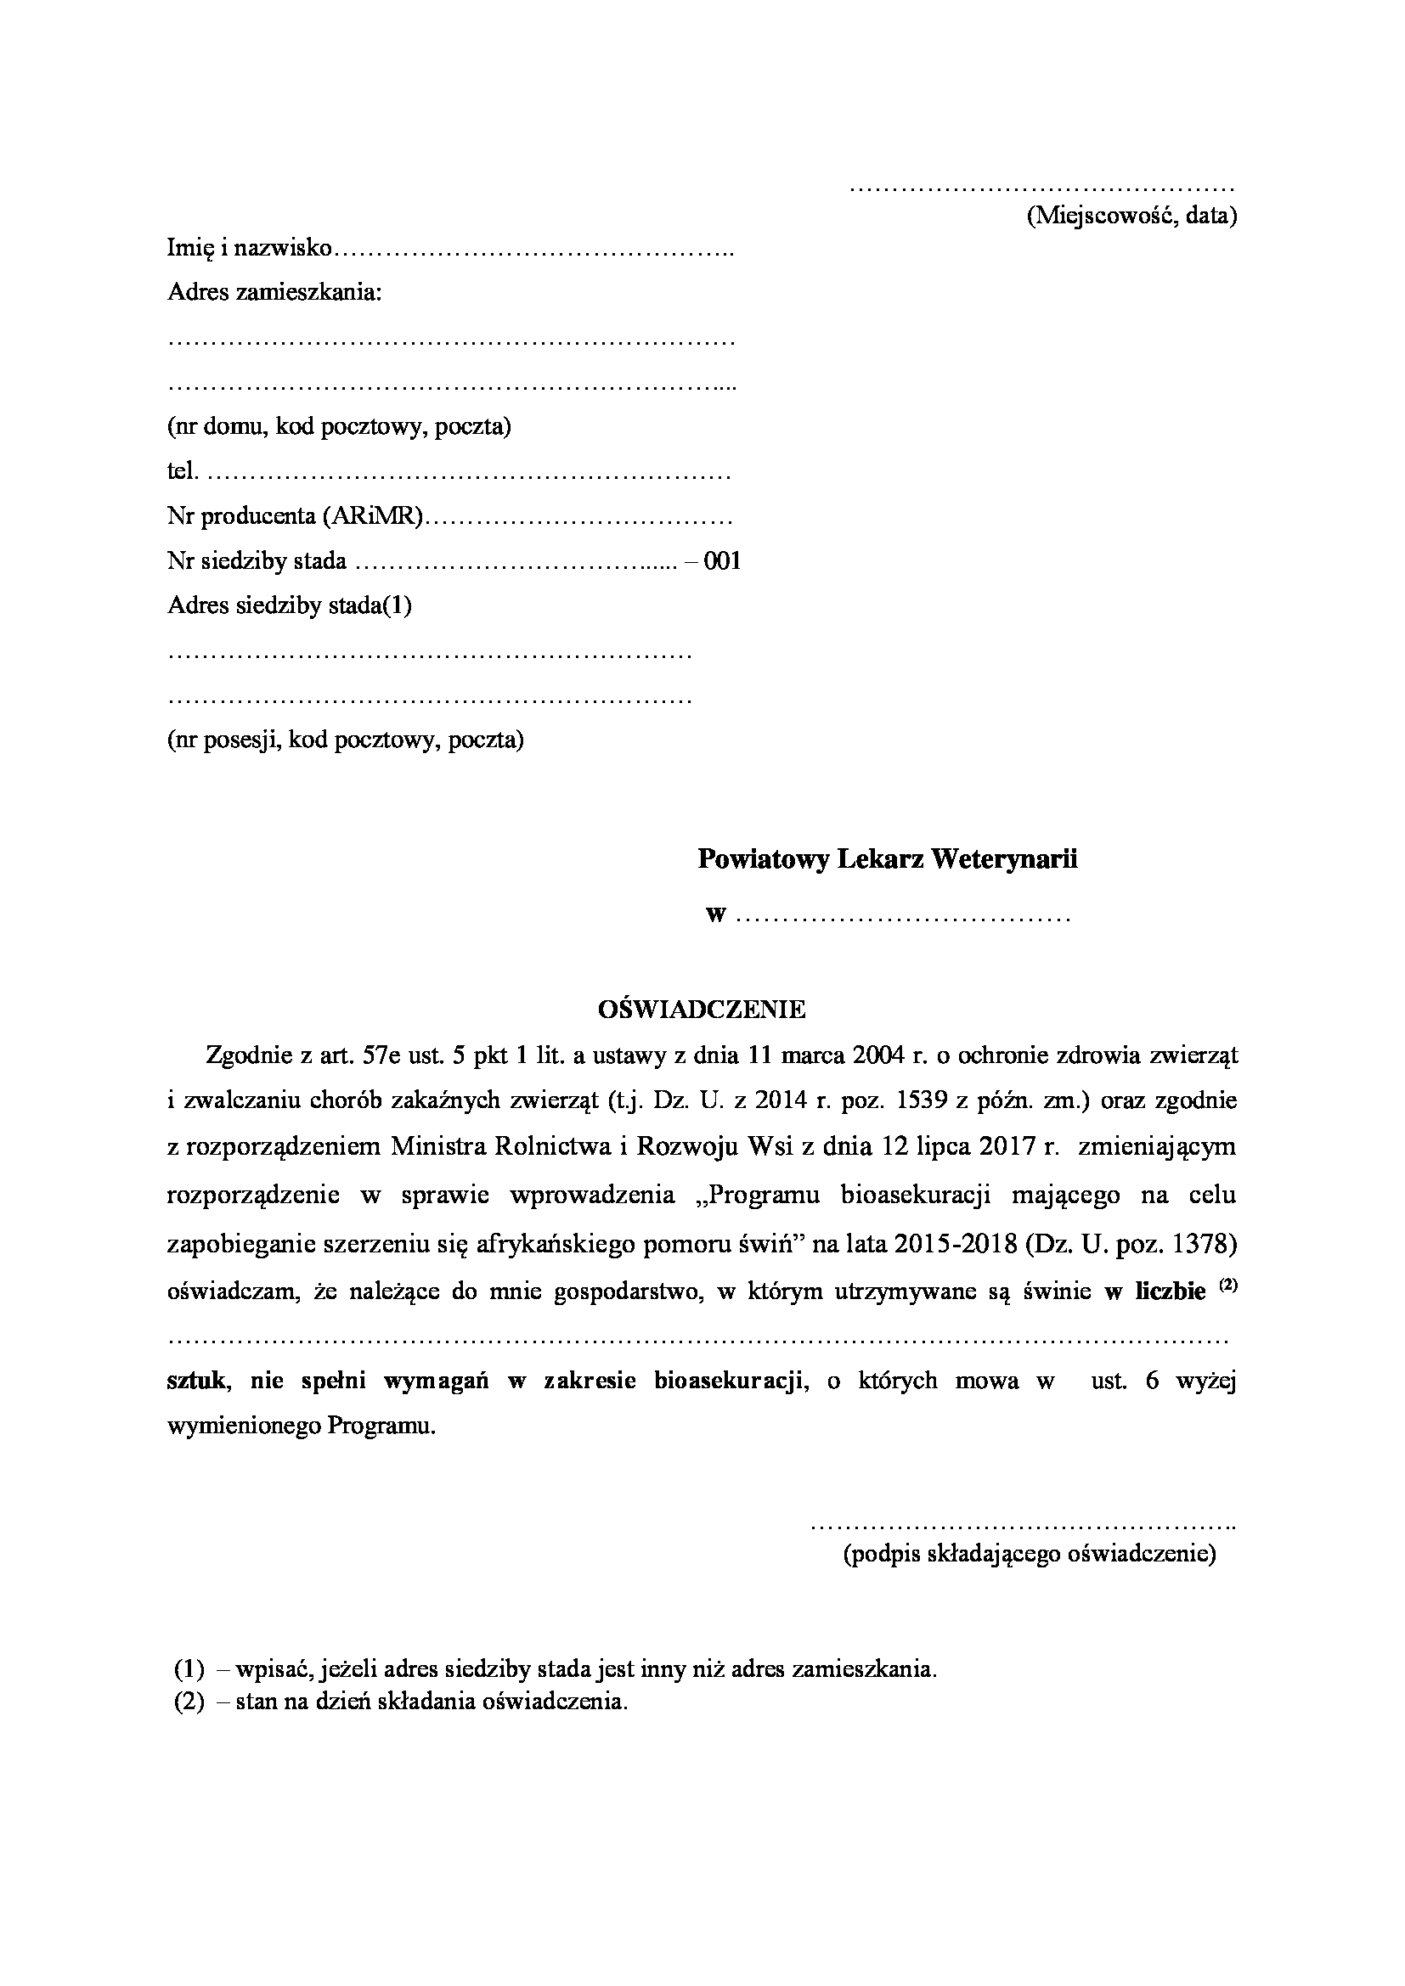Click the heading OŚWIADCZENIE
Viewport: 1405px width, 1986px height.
point(702,1010)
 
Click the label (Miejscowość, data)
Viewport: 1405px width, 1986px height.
point(1131,216)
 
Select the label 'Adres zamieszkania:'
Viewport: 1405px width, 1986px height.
point(274,292)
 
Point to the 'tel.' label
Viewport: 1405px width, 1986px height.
point(182,472)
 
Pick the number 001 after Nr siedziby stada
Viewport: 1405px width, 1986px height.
point(722,561)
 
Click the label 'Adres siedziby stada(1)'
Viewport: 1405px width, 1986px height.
point(289,605)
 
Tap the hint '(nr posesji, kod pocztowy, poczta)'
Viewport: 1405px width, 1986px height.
point(345,740)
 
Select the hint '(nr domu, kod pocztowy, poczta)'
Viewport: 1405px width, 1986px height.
point(338,426)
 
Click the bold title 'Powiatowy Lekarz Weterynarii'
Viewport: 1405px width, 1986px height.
point(888,860)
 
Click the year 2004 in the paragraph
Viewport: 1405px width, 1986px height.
point(879,1055)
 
